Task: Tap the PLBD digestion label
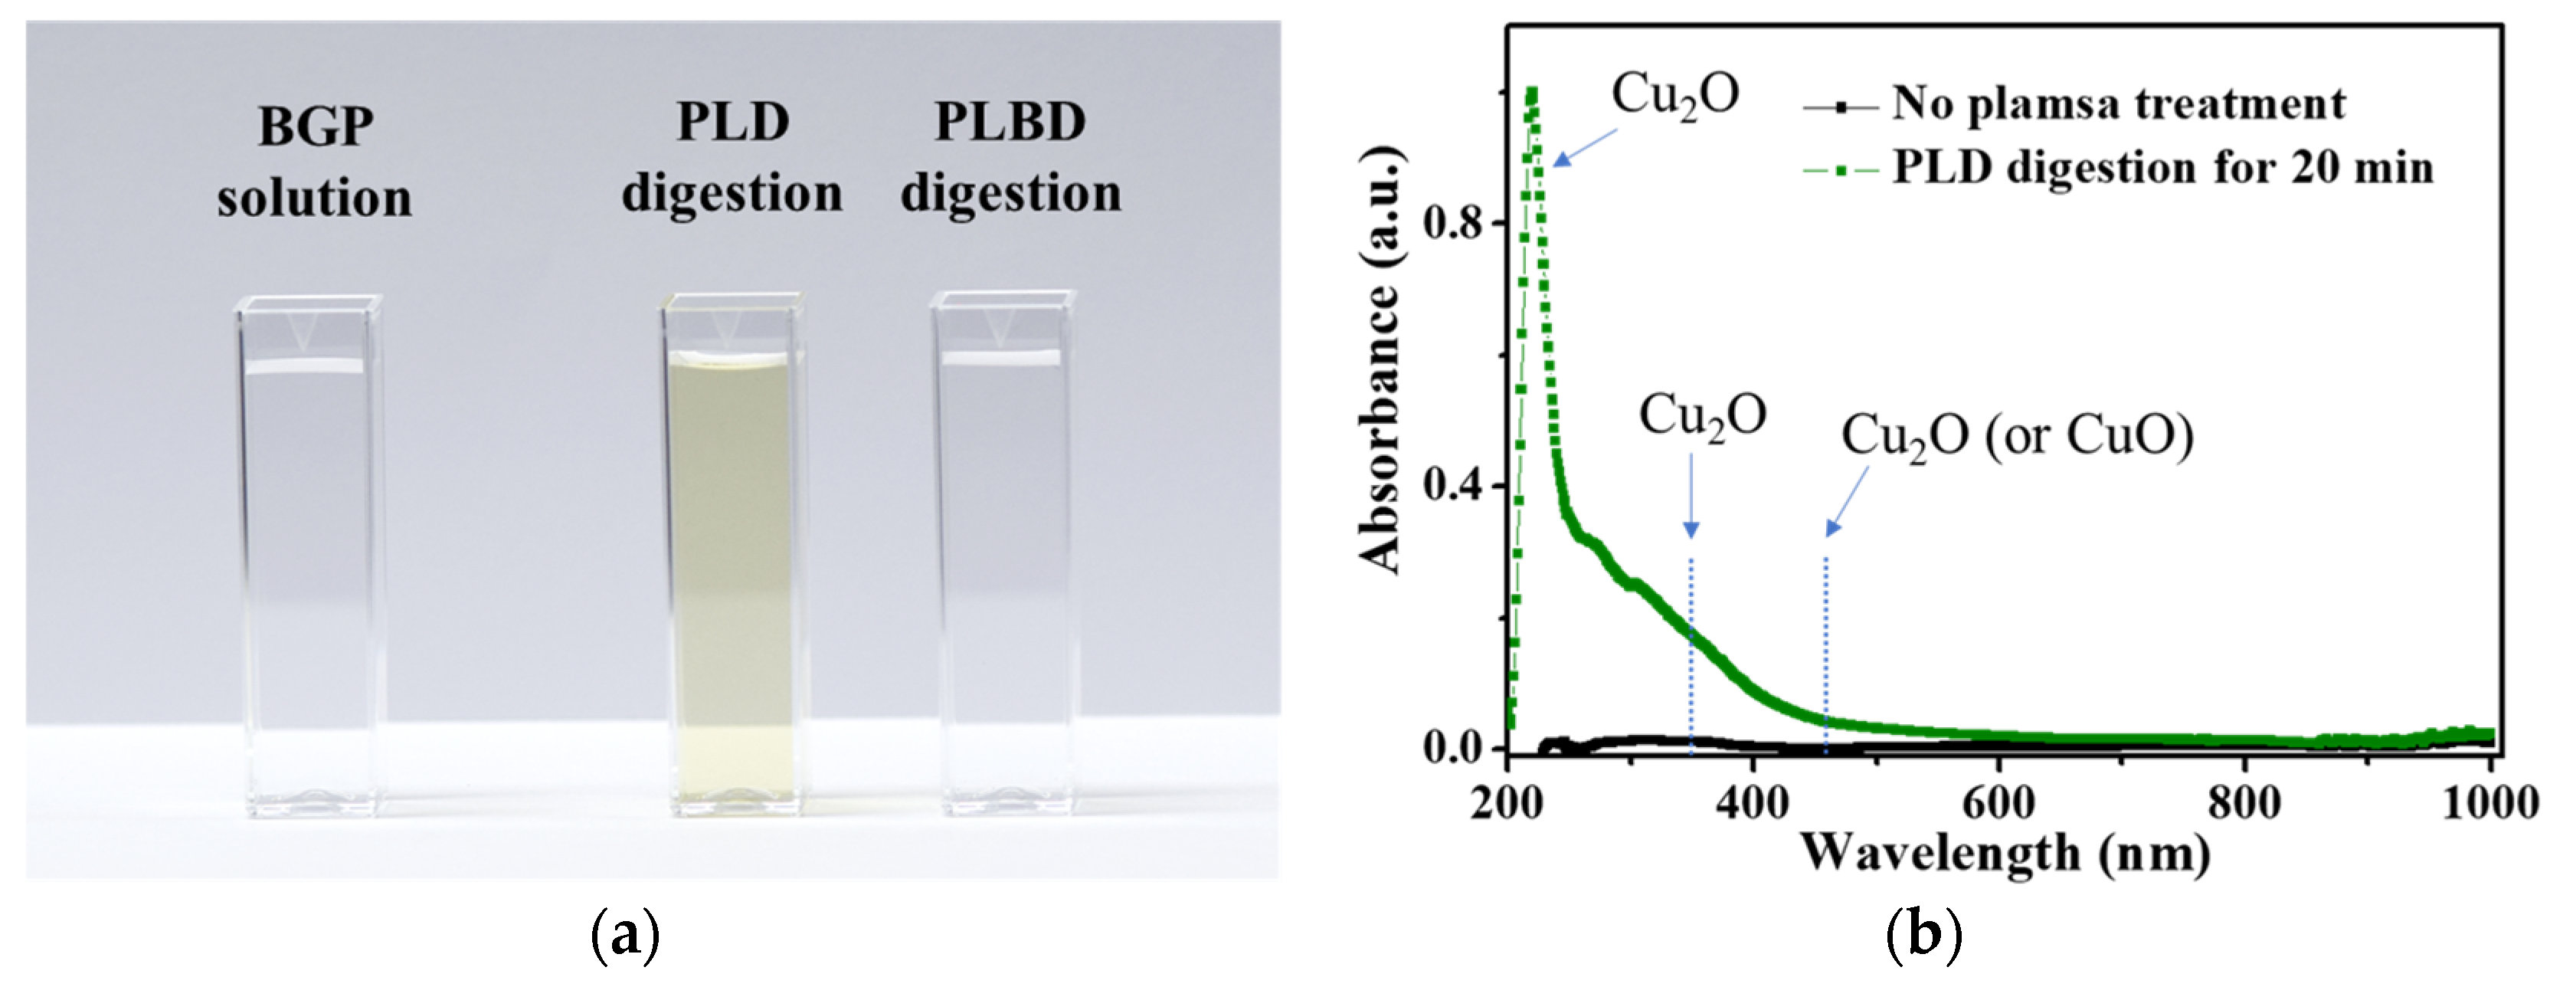[x=1011, y=157]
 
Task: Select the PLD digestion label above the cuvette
[x=732, y=157]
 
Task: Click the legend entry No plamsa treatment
[x=2117, y=103]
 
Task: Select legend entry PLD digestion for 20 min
[x=2161, y=167]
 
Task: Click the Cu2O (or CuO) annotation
[x=2017, y=436]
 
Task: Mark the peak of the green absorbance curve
[x=1531, y=93]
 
